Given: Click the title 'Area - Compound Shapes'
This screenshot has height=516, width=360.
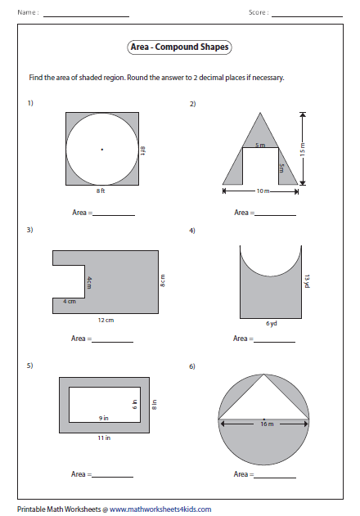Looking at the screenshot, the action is (179, 47).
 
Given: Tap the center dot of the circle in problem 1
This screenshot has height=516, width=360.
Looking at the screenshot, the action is (102, 150).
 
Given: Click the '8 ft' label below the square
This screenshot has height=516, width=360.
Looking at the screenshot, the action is (101, 191).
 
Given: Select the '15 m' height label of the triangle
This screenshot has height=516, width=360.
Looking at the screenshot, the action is (303, 149).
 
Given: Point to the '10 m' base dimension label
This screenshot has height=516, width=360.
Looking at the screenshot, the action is (263, 191).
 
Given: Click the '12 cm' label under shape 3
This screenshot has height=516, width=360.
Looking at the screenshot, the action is (106, 320).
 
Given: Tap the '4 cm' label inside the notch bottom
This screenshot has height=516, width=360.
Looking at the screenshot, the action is (70, 302).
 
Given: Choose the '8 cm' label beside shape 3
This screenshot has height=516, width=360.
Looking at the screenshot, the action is (162, 280).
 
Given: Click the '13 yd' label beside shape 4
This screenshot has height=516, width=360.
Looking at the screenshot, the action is (307, 281).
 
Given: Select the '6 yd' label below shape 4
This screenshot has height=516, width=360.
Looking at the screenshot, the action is (272, 324).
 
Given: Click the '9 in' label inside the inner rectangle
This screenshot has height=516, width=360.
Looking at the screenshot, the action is (103, 418).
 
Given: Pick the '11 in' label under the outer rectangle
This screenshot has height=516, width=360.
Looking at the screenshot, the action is (104, 437).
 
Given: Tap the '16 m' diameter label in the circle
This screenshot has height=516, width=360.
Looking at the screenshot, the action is (267, 424).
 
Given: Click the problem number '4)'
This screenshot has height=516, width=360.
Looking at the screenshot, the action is (192, 231).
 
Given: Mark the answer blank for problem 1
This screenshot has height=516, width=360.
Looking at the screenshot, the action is (114, 215).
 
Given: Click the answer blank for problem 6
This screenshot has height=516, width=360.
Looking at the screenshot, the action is (275, 478).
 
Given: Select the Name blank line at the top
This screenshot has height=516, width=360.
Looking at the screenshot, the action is (86, 16).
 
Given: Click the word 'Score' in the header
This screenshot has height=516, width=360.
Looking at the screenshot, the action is (257, 12).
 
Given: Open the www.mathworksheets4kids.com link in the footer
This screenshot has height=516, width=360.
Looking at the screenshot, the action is (160, 509).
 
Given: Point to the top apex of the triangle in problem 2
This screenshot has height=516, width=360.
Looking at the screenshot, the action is (260, 113).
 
